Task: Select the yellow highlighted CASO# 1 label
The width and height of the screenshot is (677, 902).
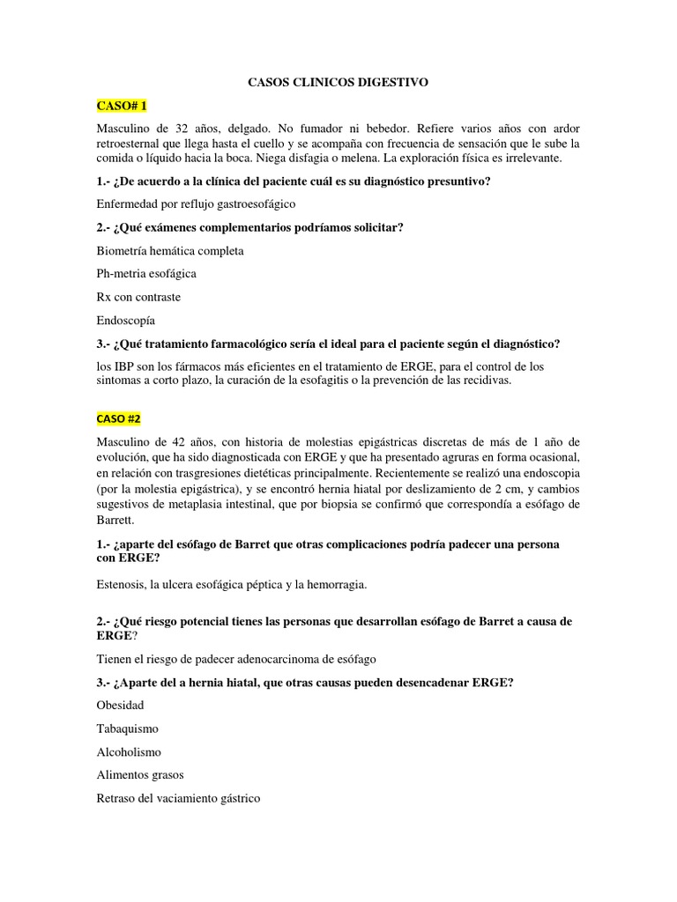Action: click(x=121, y=106)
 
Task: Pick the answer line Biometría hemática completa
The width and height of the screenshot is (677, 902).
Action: click(x=170, y=251)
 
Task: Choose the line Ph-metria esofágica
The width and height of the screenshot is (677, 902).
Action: click(x=146, y=274)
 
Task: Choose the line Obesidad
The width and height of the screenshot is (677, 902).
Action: click(x=121, y=706)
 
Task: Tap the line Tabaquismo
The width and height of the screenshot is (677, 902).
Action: click(x=128, y=728)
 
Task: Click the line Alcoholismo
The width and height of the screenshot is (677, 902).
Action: click(x=129, y=752)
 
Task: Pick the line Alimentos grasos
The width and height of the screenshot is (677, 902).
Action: click(x=140, y=775)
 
